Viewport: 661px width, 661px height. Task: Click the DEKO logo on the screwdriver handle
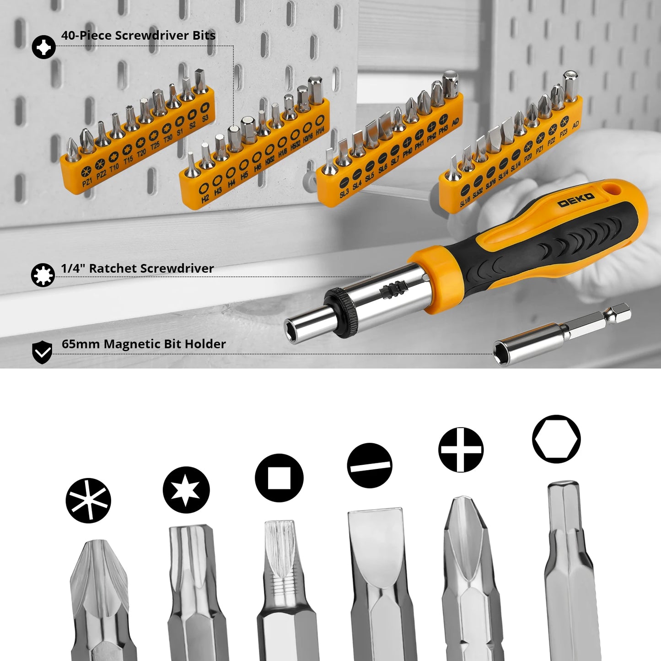point(576,200)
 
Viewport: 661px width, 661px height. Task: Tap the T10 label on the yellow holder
point(114,167)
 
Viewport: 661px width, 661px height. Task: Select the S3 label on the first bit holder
point(205,118)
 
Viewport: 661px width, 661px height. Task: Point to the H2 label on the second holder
point(205,198)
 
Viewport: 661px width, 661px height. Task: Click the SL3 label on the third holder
point(344,193)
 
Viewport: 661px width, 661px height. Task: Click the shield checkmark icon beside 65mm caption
point(42,352)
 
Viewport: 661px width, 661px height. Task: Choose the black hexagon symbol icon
point(556,439)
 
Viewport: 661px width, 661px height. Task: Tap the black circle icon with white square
point(279,478)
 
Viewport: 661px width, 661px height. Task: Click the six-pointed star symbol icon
point(186,490)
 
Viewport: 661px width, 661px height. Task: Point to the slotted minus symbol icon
point(370,465)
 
